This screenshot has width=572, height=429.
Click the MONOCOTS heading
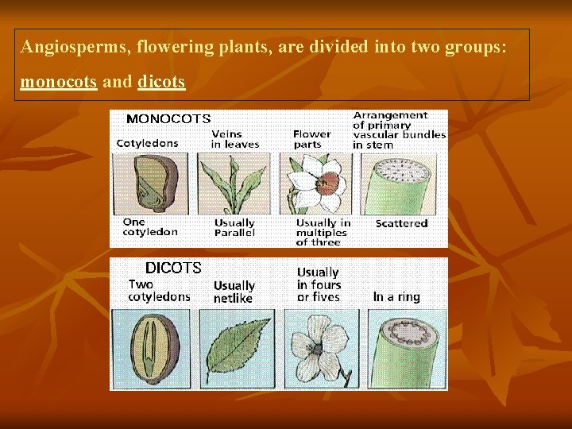point(168,119)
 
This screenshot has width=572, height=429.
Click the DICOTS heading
point(173,269)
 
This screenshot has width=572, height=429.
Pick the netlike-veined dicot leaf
point(235,348)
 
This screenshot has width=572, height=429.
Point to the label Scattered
point(401,224)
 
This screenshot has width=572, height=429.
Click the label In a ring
point(396,297)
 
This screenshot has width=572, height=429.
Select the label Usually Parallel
point(234,228)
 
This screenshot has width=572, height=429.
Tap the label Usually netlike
point(234,292)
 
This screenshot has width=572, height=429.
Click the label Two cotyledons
point(159,291)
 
